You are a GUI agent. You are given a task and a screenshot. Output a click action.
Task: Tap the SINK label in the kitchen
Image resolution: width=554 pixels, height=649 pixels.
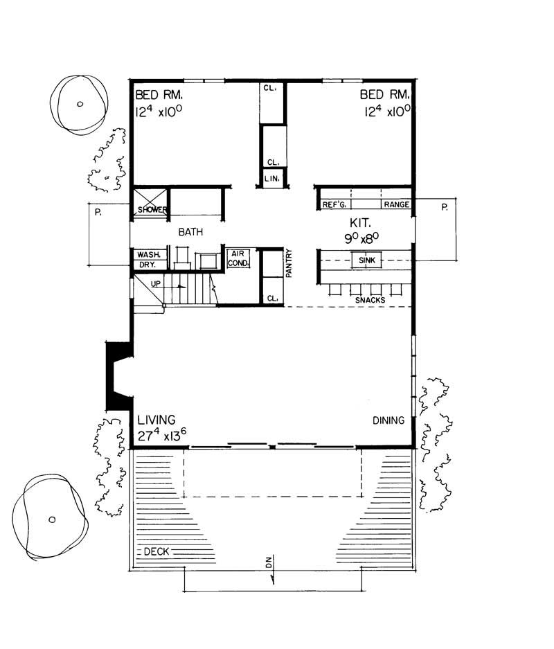pos(366,260)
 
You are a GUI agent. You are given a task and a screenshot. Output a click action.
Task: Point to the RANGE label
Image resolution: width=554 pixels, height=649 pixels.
pos(397,205)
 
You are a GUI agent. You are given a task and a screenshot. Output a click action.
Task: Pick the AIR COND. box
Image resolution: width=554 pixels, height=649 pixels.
pos(239,258)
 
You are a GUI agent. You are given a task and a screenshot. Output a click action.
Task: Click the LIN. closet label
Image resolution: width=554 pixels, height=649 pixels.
pos(271,179)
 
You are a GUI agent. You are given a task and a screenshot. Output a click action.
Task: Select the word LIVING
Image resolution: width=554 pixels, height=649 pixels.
pos(156,420)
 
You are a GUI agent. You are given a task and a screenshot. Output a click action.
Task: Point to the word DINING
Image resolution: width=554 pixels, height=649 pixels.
pos(388,420)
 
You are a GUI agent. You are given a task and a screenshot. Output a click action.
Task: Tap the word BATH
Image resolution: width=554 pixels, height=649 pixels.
pos(186,233)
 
